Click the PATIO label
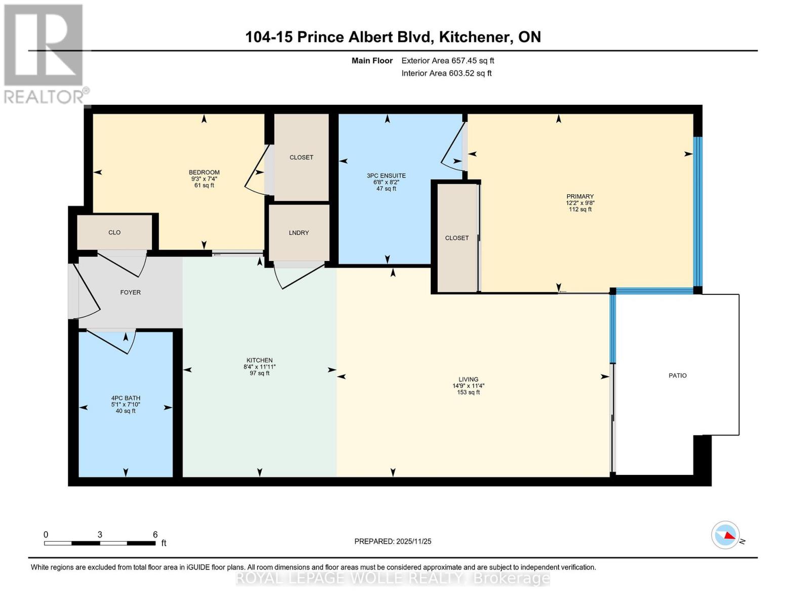click(x=677, y=375)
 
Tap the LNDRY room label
click(x=299, y=233)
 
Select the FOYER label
click(x=130, y=292)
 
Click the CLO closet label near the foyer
click(x=114, y=232)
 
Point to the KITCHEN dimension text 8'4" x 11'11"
click(x=259, y=367)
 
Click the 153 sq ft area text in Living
click(x=468, y=392)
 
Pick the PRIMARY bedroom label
click(x=580, y=196)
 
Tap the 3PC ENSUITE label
click(x=386, y=176)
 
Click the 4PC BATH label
click(x=126, y=398)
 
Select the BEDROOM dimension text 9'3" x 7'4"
click(x=204, y=179)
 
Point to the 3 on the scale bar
click(x=100, y=534)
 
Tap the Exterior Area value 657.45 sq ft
click(x=472, y=60)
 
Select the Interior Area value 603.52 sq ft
click(x=470, y=73)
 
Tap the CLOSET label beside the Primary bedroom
click(x=457, y=238)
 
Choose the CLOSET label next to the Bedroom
click(x=301, y=157)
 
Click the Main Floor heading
click(x=372, y=60)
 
